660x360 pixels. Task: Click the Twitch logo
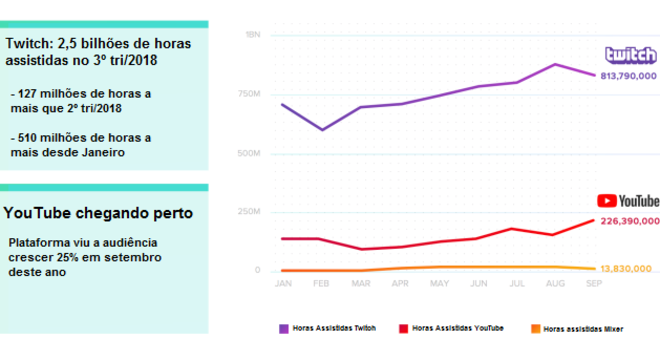[630, 56]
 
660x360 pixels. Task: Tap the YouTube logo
[629, 201]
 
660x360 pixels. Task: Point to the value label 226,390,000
[630, 220]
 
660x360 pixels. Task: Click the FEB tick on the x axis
[321, 284]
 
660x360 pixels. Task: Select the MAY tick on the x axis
[438, 284]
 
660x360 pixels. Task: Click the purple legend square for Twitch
[283, 328]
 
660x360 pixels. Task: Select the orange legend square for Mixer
[535, 328]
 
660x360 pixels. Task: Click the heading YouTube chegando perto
[98, 213]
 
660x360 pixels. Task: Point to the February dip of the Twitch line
[321, 129]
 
